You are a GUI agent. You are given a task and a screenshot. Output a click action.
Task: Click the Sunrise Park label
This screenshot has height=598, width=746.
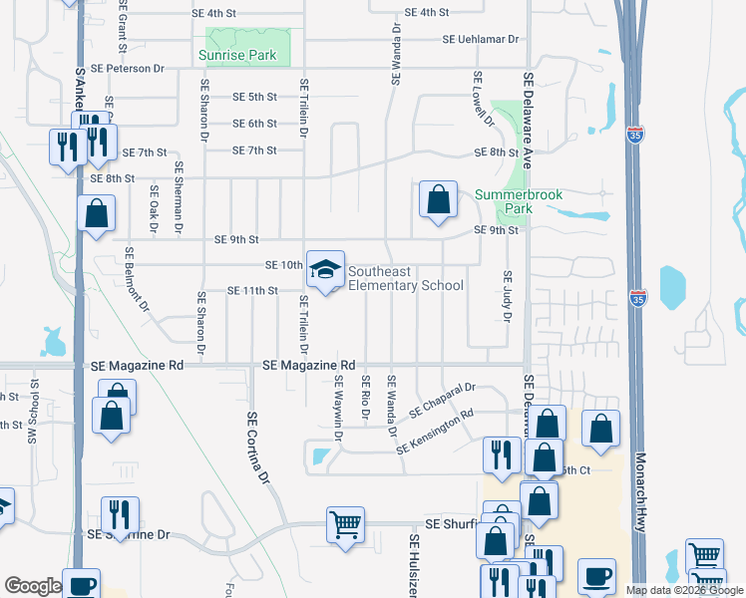(x=236, y=56)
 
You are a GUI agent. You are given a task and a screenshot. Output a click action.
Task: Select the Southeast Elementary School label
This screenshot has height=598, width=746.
(x=405, y=278)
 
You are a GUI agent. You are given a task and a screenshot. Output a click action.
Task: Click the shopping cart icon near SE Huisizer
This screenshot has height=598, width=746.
(x=345, y=523)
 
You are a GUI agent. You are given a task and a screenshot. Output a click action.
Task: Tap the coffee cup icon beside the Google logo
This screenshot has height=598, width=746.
(x=81, y=585)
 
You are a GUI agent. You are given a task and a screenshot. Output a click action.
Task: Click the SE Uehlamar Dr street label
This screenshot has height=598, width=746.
(x=482, y=40)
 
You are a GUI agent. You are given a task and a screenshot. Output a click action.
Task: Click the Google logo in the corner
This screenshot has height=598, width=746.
(x=32, y=586)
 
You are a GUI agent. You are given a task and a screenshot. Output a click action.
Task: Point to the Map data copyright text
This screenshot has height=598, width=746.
(x=684, y=590)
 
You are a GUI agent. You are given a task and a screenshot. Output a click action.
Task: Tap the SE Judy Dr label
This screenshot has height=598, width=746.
(x=507, y=296)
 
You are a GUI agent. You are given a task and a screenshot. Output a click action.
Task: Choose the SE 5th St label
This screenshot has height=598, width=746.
(x=254, y=97)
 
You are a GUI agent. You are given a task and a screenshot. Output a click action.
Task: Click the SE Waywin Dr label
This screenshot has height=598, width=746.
(x=339, y=406)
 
